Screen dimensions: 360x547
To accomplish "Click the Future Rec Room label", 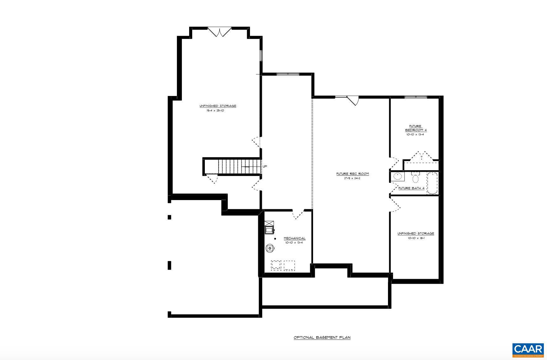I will point(353,174).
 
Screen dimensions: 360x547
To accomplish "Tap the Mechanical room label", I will point(294,238).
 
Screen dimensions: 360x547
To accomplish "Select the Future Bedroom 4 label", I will point(416,128).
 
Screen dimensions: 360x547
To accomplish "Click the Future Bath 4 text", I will point(411,188).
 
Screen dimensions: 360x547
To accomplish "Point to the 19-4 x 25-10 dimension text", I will point(215,111).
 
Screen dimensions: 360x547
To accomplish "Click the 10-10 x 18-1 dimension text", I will point(416,238).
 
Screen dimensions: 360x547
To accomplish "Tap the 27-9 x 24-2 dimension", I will point(353,178).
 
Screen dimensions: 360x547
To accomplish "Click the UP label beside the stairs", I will point(265,166).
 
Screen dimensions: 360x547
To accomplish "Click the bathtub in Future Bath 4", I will point(432,183).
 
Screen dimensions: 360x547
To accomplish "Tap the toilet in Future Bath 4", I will point(415,177).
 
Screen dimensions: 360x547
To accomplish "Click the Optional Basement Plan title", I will point(322,337).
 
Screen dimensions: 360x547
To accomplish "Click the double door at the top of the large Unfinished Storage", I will point(219,32).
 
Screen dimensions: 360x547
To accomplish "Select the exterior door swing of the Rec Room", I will point(354,100).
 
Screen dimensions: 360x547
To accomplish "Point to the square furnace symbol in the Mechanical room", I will point(269,228).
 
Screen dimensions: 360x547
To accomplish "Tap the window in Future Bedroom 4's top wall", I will point(416,97).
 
